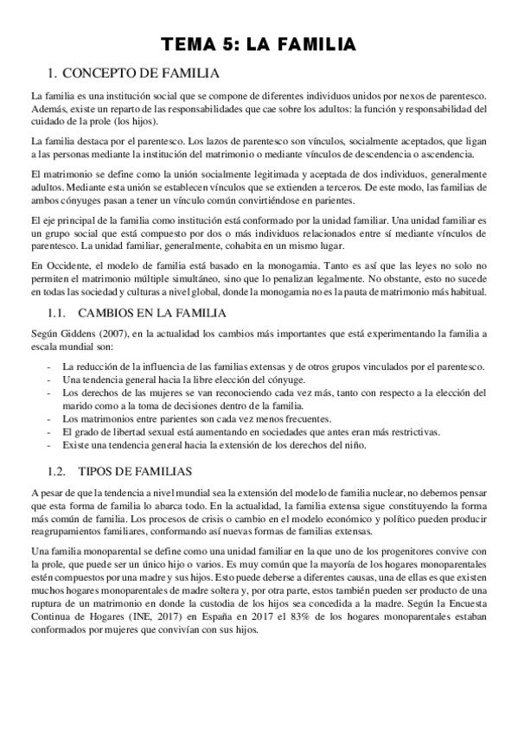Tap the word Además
(48, 108)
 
